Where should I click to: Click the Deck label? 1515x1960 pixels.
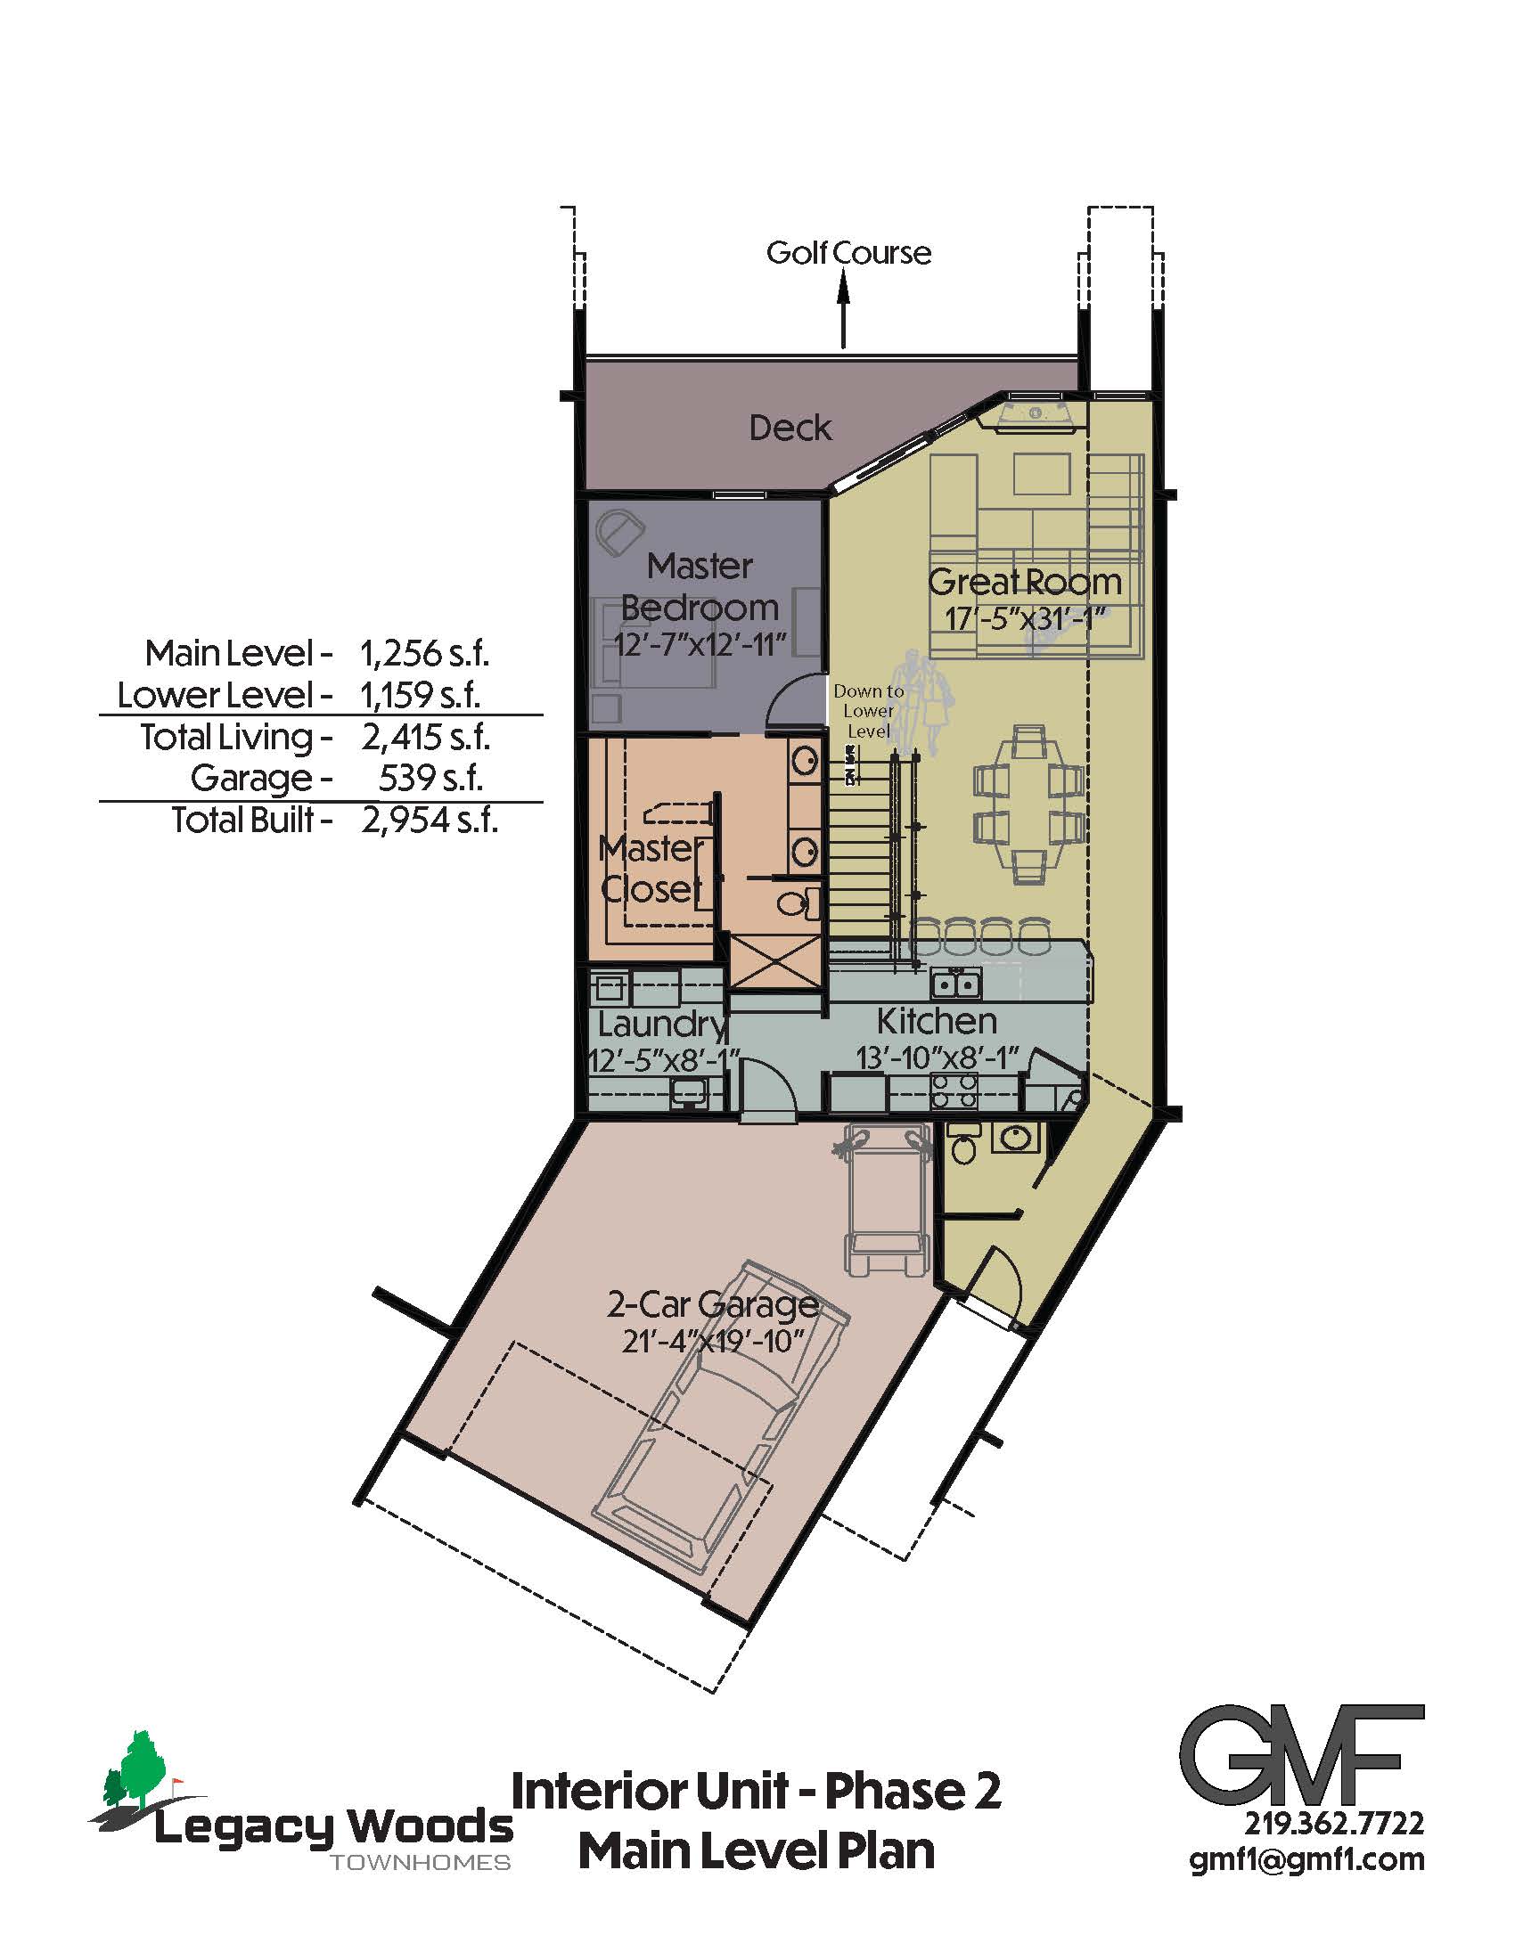[x=790, y=428]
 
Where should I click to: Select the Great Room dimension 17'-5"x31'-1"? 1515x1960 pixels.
[x=1023, y=619]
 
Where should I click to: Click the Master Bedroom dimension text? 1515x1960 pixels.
[x=700, y=644]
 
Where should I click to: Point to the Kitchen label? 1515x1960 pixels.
[x=936, y=1021]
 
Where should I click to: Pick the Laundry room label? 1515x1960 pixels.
[x=662, y=1024]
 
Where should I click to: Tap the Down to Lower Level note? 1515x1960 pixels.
[x=869, y=711]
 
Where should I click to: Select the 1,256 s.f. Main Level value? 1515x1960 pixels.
[x=424, y=653]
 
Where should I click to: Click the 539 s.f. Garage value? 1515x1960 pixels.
[x=430, y=778]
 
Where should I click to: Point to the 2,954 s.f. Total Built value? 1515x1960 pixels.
[x=429, y=820]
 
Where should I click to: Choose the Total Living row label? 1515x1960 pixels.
[x=236, y=738]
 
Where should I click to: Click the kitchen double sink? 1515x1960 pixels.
[x=957, y=984]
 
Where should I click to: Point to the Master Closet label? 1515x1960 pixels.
[x=651, y=869]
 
